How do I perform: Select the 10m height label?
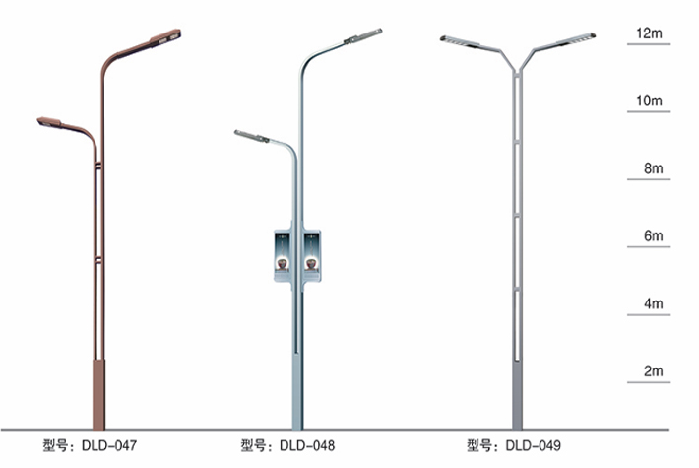point(650,101)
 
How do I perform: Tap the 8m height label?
point(653,169)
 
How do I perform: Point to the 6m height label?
point(653,236)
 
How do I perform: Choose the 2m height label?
point(653,371)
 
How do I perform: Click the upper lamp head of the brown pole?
point(166,37)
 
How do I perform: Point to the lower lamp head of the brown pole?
point(50,122)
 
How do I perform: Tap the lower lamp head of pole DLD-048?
point(251,136)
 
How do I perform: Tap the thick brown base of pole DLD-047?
point(98,394)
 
